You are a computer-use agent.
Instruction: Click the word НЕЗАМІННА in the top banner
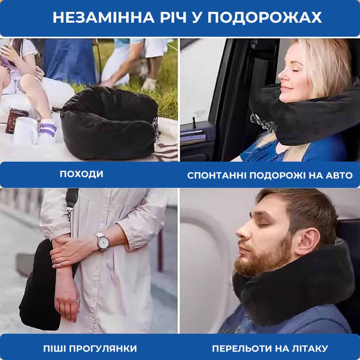104,17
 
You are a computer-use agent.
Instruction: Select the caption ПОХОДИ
81,174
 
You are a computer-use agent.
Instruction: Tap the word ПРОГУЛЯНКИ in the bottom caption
103,348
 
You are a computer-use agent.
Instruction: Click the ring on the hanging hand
78,301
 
